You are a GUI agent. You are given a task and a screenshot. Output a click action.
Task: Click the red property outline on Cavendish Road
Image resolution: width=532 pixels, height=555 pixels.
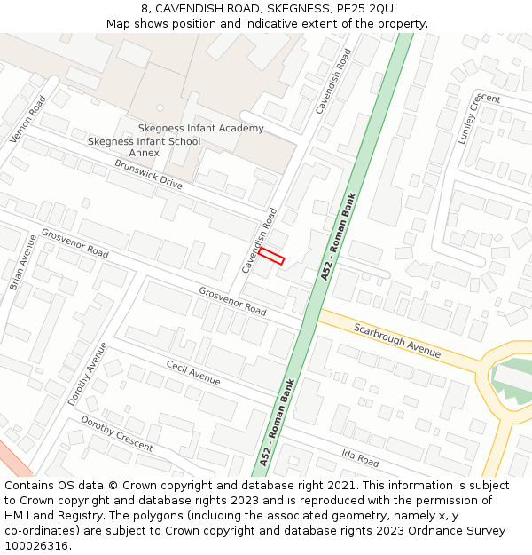(271, 257)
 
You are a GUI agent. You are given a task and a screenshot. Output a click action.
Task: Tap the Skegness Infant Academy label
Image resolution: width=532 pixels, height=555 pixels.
(200, 129)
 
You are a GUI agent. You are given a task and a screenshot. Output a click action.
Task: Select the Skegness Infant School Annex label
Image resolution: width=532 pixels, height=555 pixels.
(144, 147)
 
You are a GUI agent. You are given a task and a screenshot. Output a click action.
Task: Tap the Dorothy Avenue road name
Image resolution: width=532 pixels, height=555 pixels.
(88, 374)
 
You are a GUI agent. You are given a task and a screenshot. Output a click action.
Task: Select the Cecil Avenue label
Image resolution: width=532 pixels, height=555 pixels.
(193, 373)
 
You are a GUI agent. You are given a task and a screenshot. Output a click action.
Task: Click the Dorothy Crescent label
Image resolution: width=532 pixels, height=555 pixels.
(116, 433)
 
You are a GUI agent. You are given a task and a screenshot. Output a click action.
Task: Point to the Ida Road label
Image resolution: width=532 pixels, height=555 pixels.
(361, 458)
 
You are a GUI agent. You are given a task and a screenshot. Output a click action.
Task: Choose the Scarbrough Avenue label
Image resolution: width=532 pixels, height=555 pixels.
(397, 340)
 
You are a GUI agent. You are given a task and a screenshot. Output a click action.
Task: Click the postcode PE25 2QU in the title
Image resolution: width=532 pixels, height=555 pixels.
(365, 8)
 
